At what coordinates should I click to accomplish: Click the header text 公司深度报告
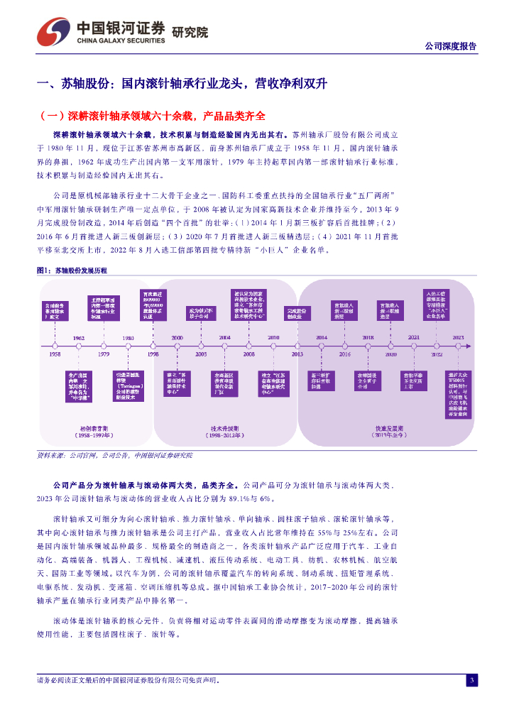[450, 46]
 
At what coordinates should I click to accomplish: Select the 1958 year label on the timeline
[55, 353]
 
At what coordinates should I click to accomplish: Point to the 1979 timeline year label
[104, 353]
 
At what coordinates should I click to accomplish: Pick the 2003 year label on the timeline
[201, 353]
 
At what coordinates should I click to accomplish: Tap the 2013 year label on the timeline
[297, 354]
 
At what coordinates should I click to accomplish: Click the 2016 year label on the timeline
[344, 353]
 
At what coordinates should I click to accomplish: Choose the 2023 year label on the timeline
[457, 338]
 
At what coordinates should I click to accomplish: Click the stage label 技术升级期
[224, 429]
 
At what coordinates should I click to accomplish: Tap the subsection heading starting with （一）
[154, 116]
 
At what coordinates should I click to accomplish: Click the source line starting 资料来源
[114, 454]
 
